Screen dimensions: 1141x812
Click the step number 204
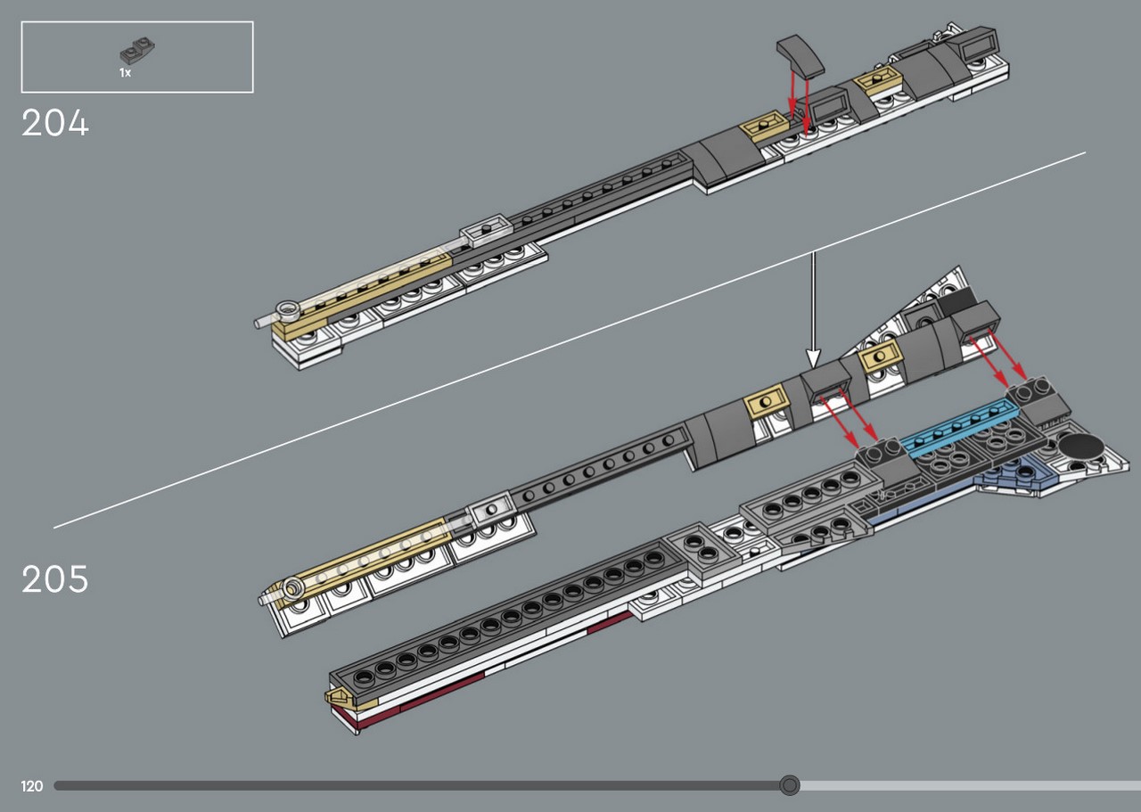click(55, 123)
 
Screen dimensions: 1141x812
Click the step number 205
click(55, 579)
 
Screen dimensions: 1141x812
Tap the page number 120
click(31, 786)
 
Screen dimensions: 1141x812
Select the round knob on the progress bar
click(789, 785)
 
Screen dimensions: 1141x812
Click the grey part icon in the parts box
click(137, 49)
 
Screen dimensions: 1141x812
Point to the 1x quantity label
click(126, 73)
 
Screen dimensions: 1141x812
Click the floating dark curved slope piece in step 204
click(800, 56)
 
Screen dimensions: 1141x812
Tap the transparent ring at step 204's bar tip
click(286, 308)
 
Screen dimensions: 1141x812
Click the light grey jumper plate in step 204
click(485, 230)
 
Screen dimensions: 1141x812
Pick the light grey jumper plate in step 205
click(490, 511)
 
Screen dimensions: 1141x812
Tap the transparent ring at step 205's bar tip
click(291, 587)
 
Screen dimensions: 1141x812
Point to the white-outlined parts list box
click(137, 57)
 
